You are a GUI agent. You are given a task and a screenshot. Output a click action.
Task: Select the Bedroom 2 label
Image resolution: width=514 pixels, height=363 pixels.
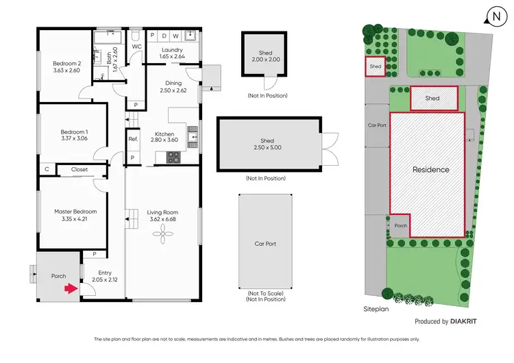pyautogui.click(x=66, y=63)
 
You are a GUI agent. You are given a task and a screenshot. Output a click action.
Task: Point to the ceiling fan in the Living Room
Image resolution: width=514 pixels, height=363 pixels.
pyautogui.click(x=163, y=235)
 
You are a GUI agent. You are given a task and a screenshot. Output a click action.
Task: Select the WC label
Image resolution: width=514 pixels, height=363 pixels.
pyautogui.click(x=136, y=47)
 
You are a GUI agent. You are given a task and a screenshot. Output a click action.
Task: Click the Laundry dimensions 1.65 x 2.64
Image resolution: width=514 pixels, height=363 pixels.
pyautogui.click(x=171, y=57)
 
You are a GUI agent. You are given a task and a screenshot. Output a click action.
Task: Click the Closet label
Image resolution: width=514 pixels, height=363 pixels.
pyautogui.click(x=79, y=168)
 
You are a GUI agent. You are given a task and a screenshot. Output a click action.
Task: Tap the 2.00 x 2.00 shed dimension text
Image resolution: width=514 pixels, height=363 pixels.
pyautogui.click(x=265, y=60)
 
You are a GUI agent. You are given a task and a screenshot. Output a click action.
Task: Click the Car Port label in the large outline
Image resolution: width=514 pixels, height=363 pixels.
pyautogui.click(x=265, y=243)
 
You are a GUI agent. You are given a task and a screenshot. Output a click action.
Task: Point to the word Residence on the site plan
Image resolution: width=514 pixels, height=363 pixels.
pyautogui.click(x=430, y=169)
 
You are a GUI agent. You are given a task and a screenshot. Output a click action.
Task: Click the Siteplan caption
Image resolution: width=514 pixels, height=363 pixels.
pyautogui.click(x=376, y=310)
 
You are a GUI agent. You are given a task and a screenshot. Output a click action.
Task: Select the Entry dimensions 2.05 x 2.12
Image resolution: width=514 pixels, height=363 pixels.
pyautogui.click(x=105, y=279)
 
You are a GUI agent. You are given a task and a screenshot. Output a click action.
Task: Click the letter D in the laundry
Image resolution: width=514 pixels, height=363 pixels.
pyautogui.click(x=164, y=36)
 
